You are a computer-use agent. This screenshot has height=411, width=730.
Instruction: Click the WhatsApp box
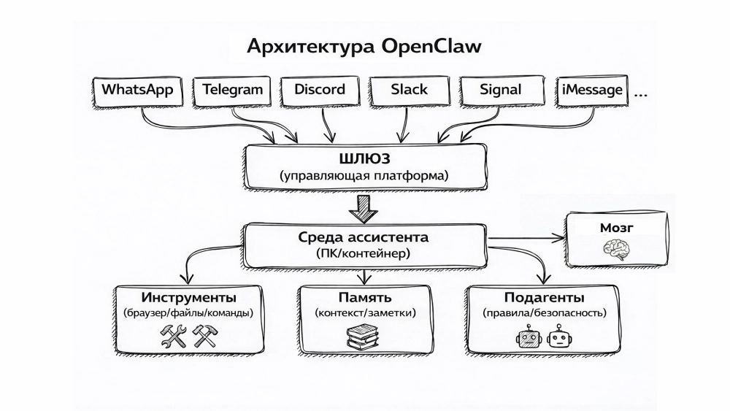pyautogui.click(x=137, y=91)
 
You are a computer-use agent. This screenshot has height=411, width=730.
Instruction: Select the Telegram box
pyautogui.click(x=232, y=91)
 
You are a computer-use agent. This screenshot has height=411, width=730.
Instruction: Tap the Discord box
pyautogui.click(x=319, y=91)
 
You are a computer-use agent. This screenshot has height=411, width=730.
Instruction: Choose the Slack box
pyautogui.click(x=409, y=91)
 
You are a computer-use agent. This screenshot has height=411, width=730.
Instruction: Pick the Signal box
pyautogui.click(x=501, y=91)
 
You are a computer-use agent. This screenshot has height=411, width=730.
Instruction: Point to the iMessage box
pyautogui.click(x=592, y=91)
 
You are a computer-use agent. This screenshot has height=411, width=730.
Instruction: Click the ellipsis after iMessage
pyautogui.click(x=643, y=93)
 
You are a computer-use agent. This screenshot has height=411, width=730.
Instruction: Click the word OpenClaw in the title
pyautogui.click(x=430, y=47)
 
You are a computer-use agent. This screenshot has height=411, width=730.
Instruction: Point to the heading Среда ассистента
pyautogui.click(x=363, y=238)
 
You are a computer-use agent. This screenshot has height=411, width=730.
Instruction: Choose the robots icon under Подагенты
pyautogui.click(x=544, y=337)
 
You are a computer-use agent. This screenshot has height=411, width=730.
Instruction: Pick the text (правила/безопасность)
pyautogui.click(x=544, y=313)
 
